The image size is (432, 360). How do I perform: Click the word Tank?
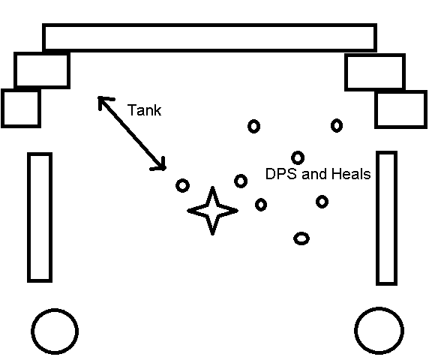144,110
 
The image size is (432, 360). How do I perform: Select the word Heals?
351,174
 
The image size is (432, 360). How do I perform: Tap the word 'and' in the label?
314,174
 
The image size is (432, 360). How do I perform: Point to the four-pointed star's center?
212,211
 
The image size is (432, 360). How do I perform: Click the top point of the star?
212,187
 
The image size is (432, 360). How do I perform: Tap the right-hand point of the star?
238,211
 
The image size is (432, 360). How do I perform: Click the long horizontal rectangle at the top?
209,25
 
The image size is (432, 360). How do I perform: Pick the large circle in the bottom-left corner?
55,309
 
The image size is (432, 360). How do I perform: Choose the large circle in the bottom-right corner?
379,307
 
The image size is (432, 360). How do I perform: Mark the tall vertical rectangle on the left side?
28,217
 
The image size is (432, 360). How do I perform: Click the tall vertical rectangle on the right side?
377,217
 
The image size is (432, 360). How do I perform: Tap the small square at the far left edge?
2,108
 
